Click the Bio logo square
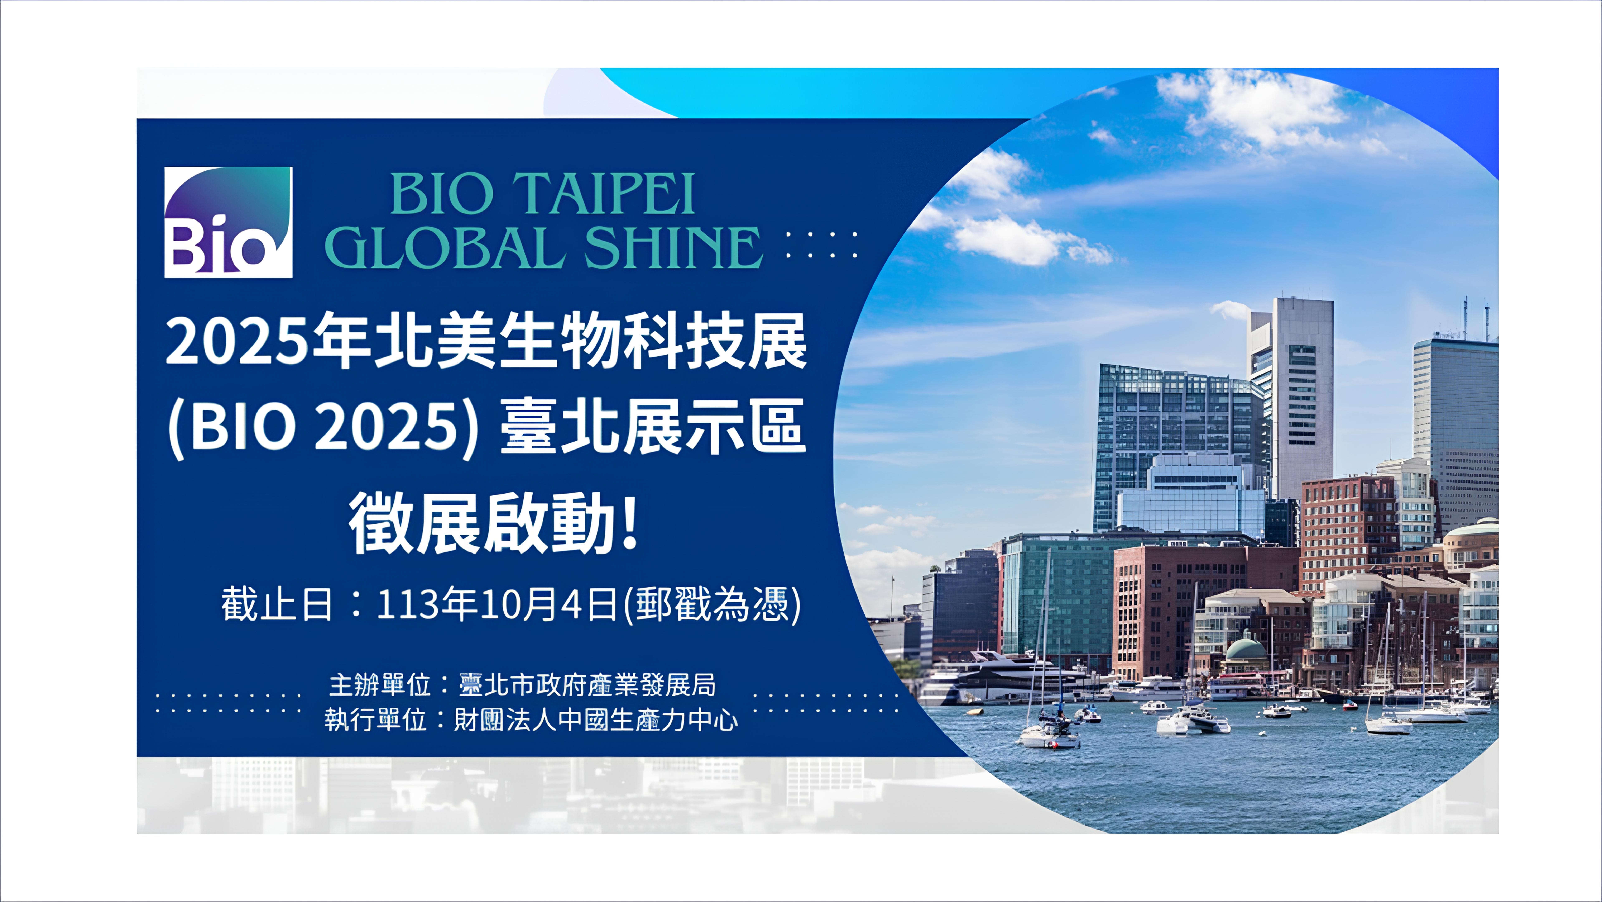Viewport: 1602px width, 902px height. pos(228,222)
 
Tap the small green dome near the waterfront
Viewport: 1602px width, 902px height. pos(1246,649)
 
